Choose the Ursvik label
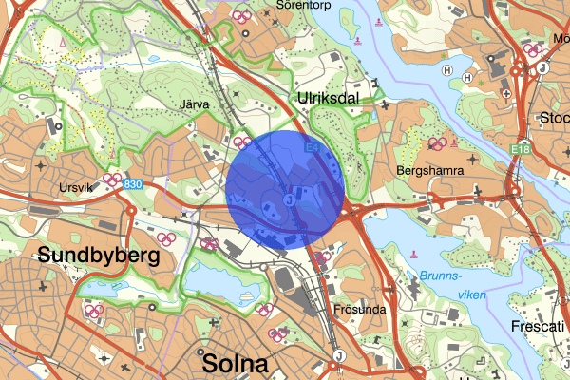(78, 187)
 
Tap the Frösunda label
(358, 310)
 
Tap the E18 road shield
(521, 149)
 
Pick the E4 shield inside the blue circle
(312, 148)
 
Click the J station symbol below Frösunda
(337, 355)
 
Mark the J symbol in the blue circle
(287, 199)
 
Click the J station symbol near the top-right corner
(542, 67)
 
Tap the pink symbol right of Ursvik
(112, 179)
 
